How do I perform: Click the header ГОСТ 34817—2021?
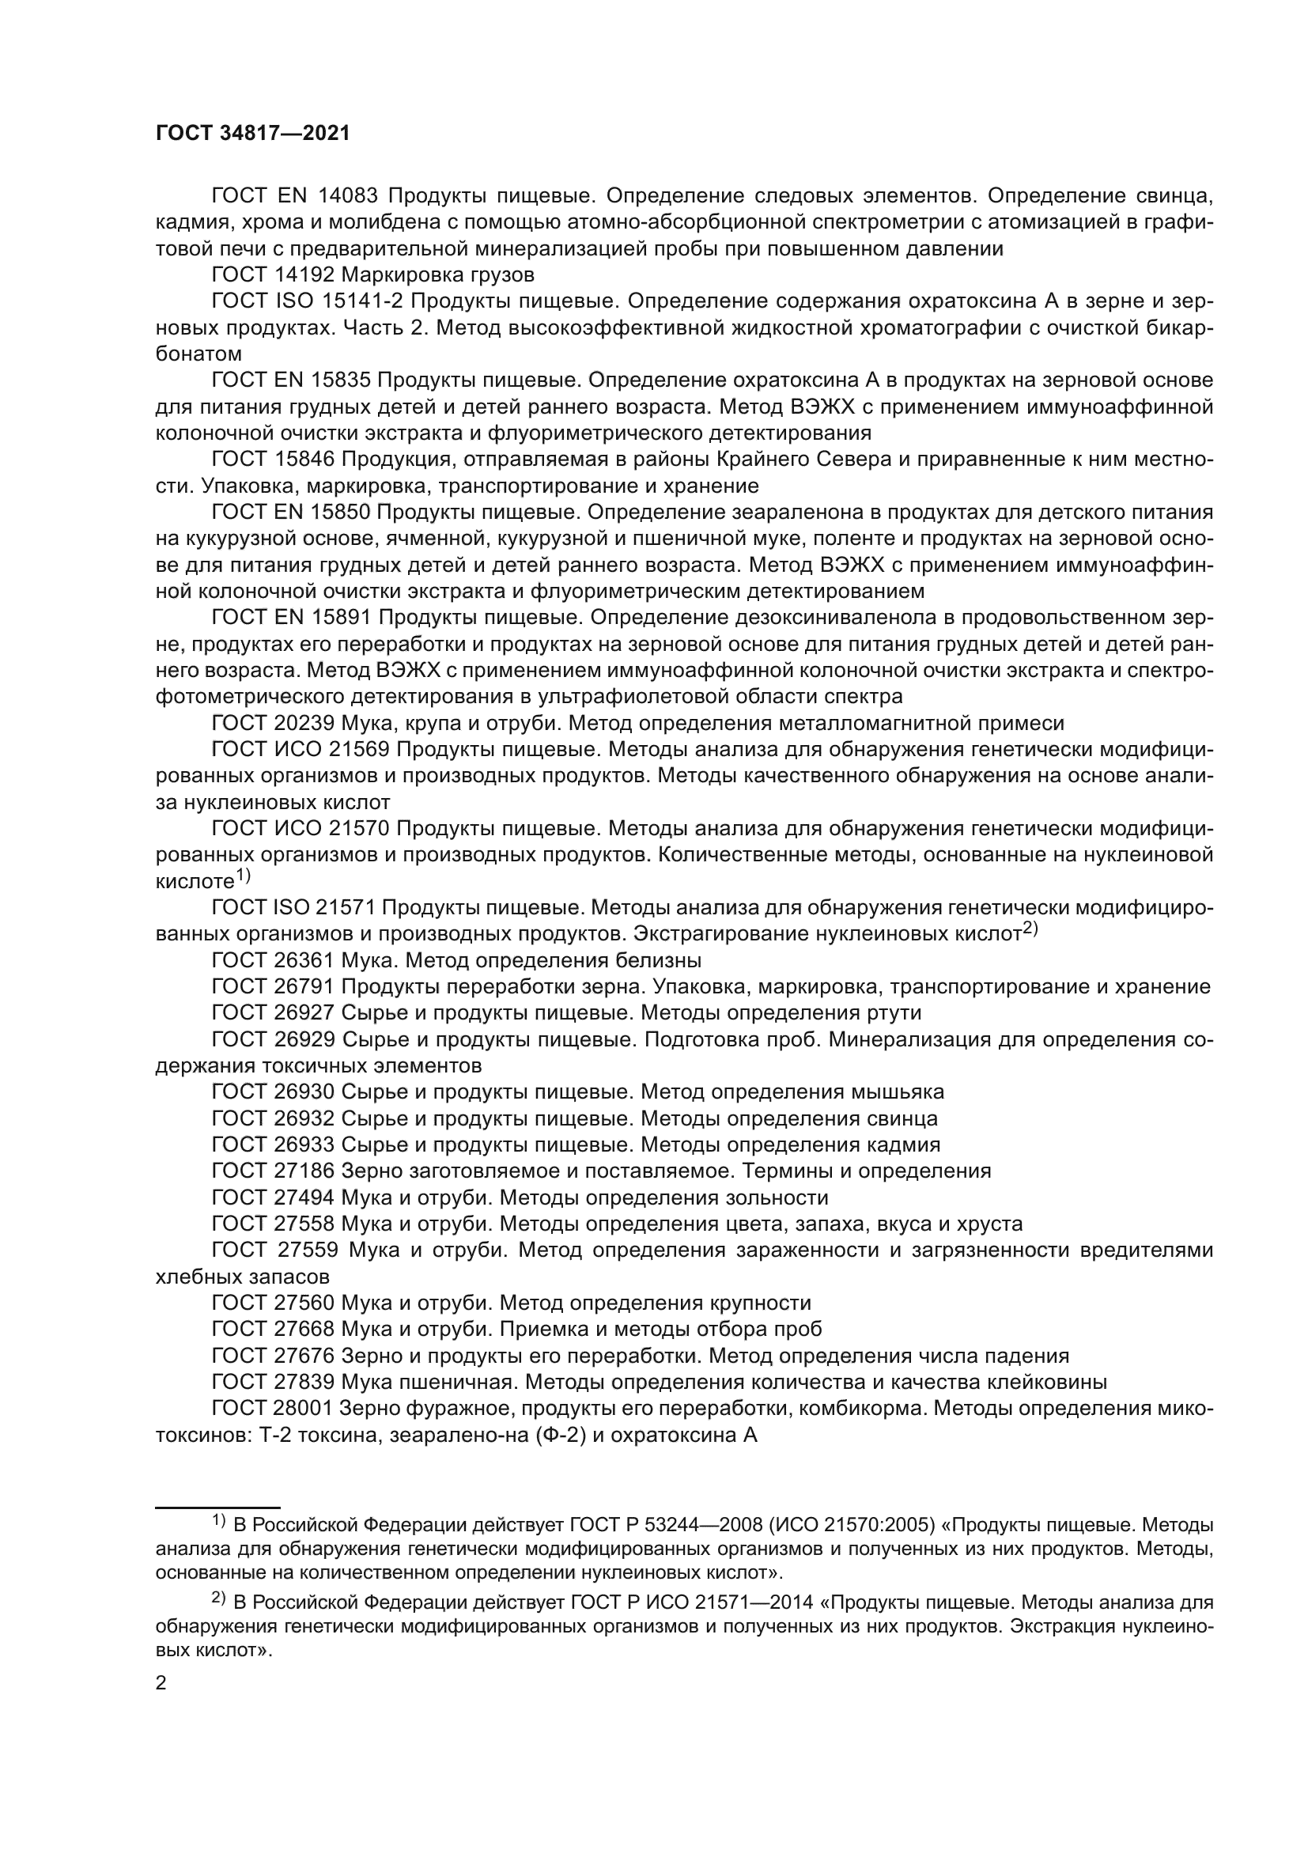pos(252,134)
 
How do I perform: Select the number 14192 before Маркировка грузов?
pos(297,274)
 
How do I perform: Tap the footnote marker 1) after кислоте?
pos(244,876)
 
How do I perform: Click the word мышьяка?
pos(898,1091)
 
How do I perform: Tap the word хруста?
pos(989,1224)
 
